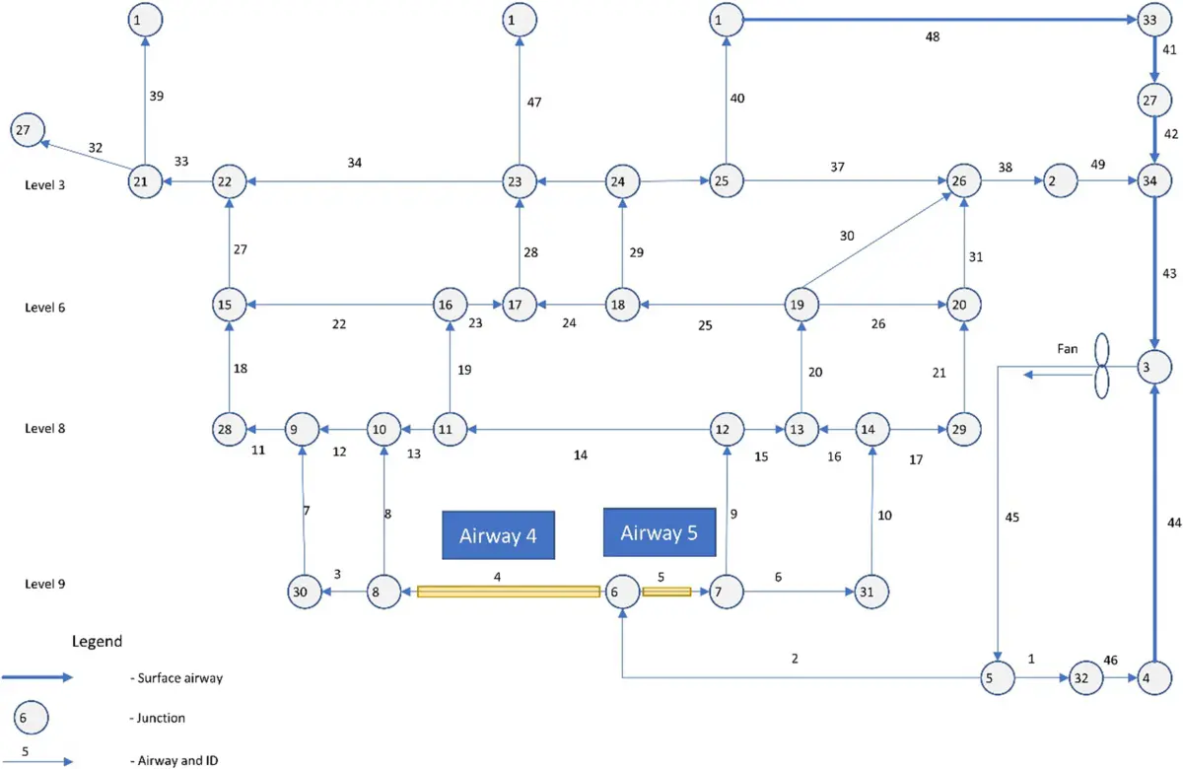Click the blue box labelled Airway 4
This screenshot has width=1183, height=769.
click(498, 534)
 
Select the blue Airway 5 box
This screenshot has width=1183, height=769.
click(660, 531)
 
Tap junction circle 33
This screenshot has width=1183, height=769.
click(1154, 20)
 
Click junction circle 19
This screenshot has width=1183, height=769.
click(801, 305)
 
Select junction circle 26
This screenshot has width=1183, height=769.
click(964, 181)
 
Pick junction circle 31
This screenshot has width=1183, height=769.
click(871, 592)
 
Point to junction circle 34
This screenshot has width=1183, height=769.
click(1154, 181)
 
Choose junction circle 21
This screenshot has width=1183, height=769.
click(145, 181)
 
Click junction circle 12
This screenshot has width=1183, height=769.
click(727, 430)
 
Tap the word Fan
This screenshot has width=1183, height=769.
click(1067, 349)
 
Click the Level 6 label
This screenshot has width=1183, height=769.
click(45, 308)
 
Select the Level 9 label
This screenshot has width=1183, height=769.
click(45, 584)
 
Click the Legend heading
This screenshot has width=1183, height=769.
click(98, 641)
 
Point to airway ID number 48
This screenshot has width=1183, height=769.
click(933, 37)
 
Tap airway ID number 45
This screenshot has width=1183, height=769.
click(1011, 518)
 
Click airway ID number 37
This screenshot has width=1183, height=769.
click(837, 167)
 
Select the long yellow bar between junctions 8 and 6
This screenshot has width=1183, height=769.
click(509, 592)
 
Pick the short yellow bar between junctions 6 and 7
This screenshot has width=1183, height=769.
click(666, 592)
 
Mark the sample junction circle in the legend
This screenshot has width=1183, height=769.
click(31, 718)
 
